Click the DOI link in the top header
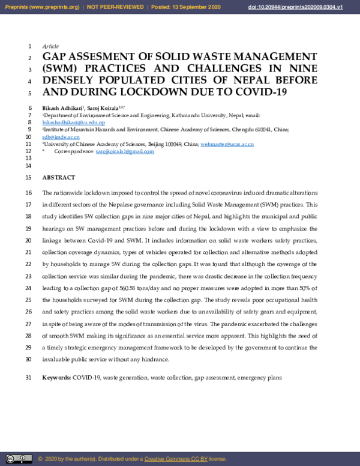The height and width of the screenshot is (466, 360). tap(303, 8)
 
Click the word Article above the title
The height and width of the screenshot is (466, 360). tap(50, 46)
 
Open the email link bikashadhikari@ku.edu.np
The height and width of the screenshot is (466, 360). tap(73, 122)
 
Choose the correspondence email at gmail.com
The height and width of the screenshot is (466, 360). tap(125, 151)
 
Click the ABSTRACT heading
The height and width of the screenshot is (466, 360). tap(59, 178)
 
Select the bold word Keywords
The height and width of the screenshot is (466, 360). tap(56, 377)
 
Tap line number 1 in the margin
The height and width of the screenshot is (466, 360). tap(30, 46)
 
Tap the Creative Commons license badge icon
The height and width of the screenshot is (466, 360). tap(19, 459)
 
